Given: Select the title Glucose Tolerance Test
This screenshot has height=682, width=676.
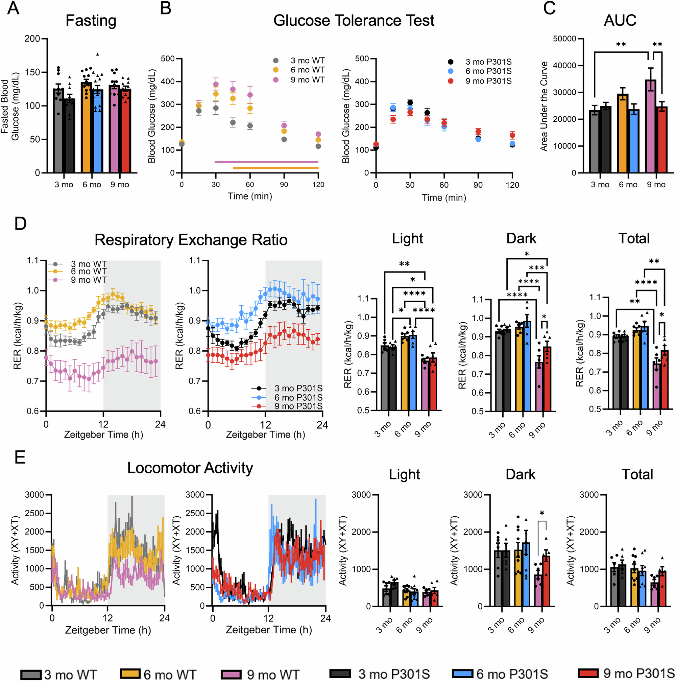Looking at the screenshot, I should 354,21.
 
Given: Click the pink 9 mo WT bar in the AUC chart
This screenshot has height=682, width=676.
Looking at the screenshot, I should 650,127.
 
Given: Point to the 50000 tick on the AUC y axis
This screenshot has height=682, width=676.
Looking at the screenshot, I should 564,39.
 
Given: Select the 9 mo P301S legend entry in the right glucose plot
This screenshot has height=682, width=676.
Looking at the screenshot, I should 488,81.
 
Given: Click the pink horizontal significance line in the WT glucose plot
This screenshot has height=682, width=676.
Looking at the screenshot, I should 266,162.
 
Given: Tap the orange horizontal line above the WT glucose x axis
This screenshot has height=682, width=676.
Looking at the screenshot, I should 275,168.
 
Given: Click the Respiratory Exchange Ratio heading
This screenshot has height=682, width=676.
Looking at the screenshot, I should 191,240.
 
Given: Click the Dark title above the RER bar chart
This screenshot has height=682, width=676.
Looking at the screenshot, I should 521,239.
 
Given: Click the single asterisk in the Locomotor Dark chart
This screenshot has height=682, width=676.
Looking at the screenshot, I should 541,514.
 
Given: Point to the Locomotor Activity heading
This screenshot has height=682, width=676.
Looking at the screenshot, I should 190,468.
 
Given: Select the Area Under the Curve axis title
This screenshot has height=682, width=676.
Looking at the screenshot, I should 544,106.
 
